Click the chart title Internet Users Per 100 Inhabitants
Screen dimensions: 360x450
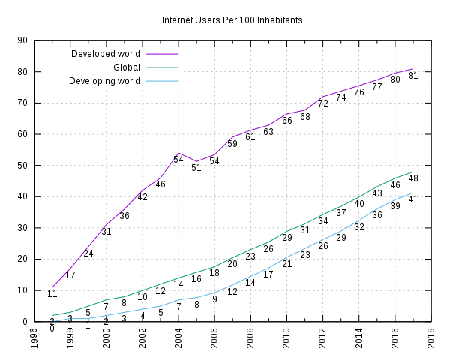pos(232,20)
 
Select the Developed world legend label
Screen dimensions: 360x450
pos(105,54)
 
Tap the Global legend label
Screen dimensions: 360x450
pos(126,67)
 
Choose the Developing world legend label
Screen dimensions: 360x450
pos(104,81)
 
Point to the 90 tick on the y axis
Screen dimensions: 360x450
pos(23,41)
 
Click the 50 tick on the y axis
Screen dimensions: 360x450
pos(23,166)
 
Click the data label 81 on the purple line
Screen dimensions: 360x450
pos(413,76)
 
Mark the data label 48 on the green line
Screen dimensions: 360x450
pos(413,178)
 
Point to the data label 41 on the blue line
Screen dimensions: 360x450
pos(413,199)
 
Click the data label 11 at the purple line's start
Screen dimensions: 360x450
pos(52,294)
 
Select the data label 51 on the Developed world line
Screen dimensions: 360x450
pos(196,168)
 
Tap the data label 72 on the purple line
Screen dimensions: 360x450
pos(323,103)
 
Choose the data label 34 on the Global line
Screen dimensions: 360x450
pos(323,221)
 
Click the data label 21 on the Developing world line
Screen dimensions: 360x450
pos(287,264)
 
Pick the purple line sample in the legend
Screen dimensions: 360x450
pos(162,54)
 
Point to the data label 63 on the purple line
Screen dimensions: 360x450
pos(268,132)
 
